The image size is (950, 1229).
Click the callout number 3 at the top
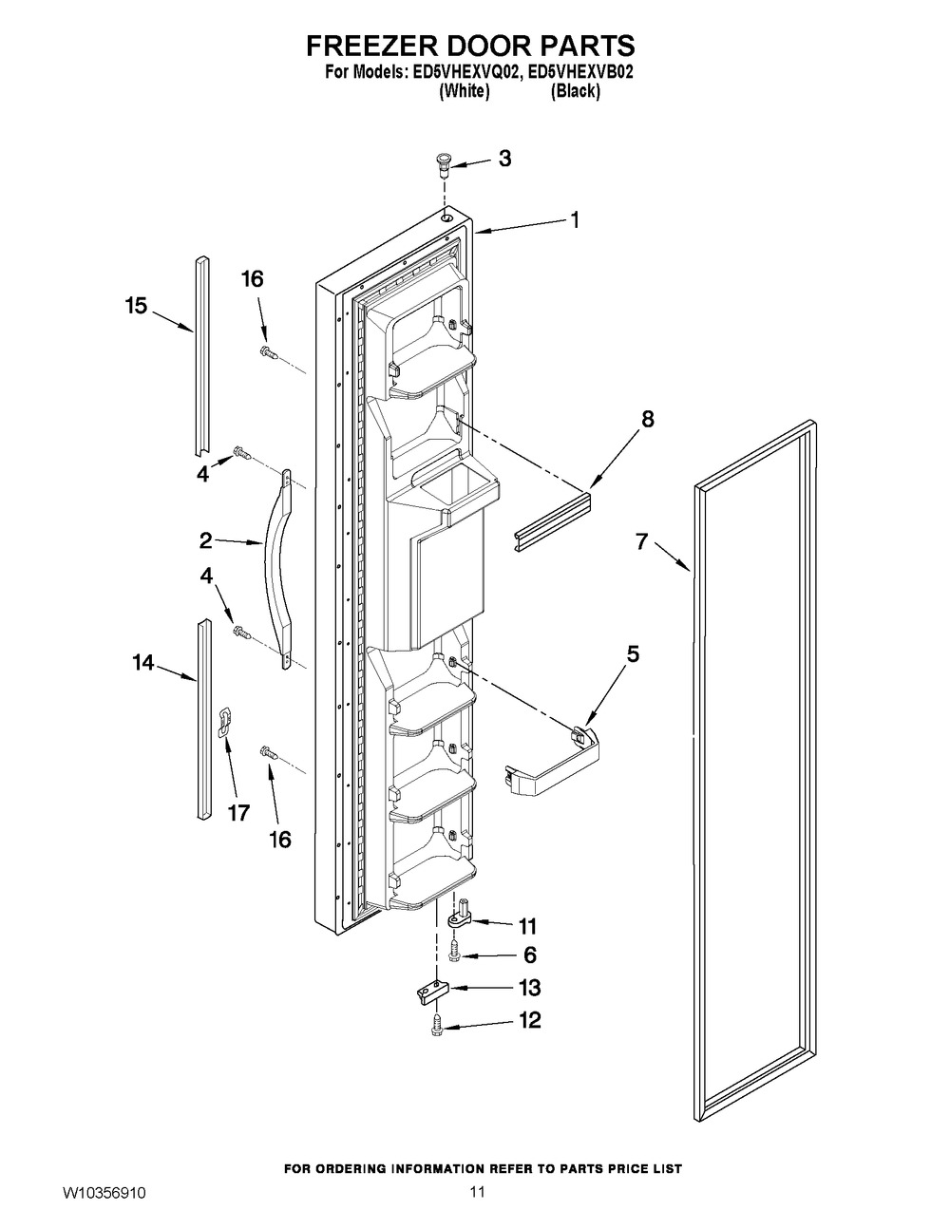tap(504, 159)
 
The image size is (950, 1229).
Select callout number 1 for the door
tap(574, 219)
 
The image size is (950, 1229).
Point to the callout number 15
tap(136, 306)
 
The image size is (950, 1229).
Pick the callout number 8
tap(647, 419)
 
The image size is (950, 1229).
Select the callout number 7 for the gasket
tap(642, 542)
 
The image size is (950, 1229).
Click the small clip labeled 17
tap(224, 722)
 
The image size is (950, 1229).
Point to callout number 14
tap(142, 663)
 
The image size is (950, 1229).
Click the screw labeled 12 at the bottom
tap(439, 1024)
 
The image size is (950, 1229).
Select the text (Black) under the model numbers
tap(576, 92)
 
